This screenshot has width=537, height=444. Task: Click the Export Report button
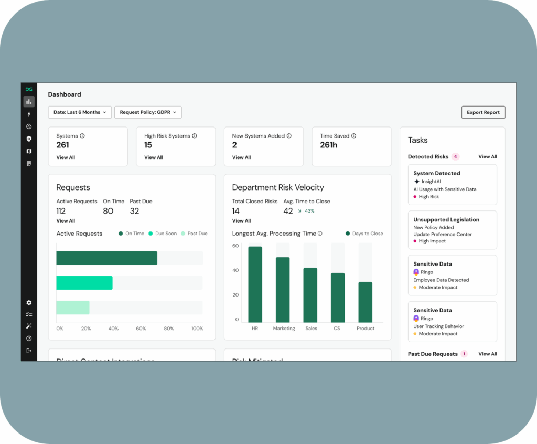click(483, 112)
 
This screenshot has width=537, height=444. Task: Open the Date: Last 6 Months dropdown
click(80, 112)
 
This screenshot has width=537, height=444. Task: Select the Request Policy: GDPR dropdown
click(148, 112)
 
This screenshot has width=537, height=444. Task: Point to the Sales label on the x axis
click(311, 329)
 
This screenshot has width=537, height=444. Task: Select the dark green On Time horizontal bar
click(106, 258)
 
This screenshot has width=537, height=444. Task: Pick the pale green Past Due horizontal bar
click(73, 308)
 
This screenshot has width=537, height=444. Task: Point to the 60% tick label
click(141, 329)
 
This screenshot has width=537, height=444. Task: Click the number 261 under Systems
click(63, 145)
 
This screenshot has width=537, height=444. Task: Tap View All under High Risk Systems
click(154, 157)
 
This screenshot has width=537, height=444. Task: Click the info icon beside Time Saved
click(354, 136)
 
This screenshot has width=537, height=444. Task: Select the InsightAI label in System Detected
click(431, 182)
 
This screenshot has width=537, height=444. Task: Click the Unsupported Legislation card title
click(446, 220)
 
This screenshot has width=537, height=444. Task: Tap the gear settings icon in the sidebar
click(29, 303)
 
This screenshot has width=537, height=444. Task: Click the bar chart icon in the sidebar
click(29, 101)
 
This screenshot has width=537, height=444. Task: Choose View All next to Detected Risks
click(488, 156)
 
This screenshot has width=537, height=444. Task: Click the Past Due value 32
click(135, 211)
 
